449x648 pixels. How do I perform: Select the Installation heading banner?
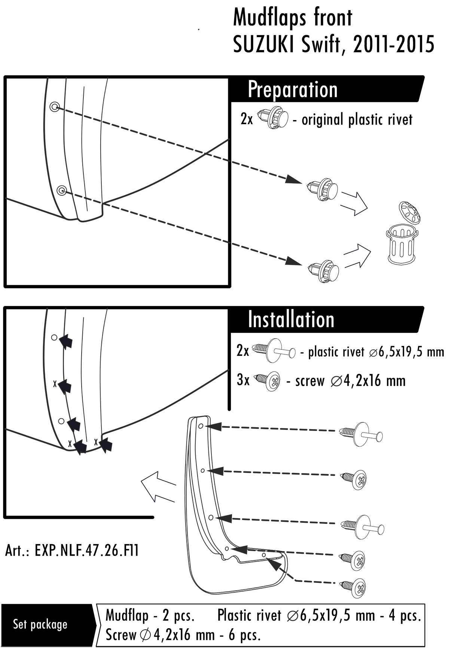[x=291, y=320]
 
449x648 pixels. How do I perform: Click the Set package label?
[x=40, y=624]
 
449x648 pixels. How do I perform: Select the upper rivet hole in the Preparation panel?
[x=55, y=107]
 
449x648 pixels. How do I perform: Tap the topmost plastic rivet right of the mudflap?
[x=361, y=434]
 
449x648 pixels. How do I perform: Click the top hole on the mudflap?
[x=201, y=426]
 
